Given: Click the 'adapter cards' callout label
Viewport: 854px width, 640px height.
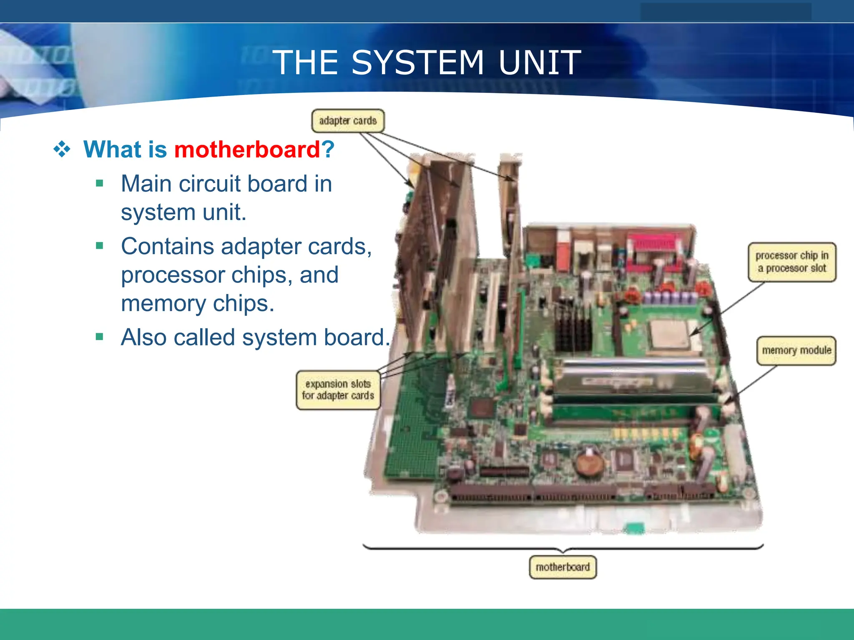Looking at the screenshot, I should click(348, 121).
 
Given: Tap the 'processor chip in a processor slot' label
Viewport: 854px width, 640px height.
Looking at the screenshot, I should click(792, 262).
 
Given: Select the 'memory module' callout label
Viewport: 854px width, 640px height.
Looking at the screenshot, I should click(796, 350).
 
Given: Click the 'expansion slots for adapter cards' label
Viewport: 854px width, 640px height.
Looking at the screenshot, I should click(338, 390).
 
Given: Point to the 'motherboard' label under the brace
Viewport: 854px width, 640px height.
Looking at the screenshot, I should click(563, 567).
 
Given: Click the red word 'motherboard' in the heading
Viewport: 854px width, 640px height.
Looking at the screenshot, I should click(247, 149).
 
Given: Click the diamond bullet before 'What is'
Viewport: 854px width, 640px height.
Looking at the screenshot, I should click(62, 149).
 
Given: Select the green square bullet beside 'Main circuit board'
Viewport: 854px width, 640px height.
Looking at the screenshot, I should click(99, 183).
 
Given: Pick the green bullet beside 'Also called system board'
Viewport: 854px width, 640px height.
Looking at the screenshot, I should click(99, 337).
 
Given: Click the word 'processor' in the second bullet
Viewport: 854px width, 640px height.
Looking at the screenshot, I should click(173, 275).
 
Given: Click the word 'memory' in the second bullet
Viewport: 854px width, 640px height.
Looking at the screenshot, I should click(163, 304).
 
